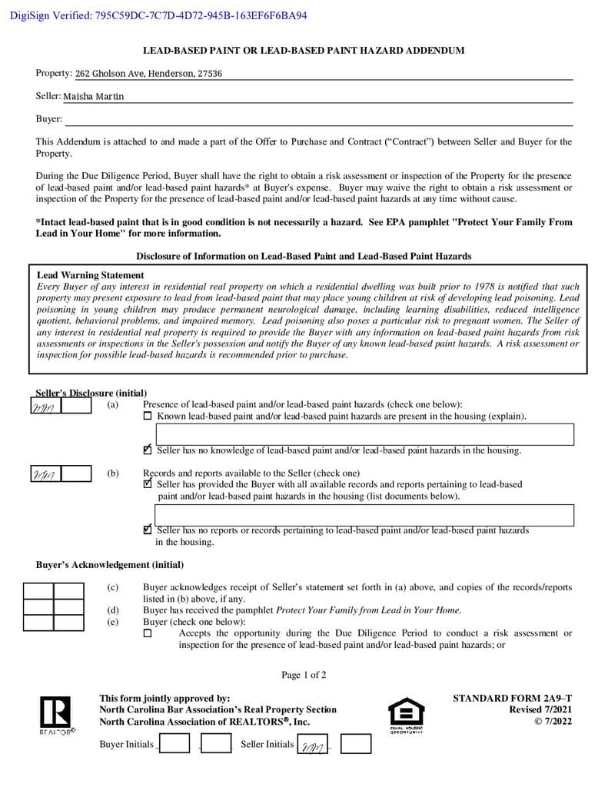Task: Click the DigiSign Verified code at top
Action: point(158,15)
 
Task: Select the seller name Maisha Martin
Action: point(93,97)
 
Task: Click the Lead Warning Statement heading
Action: point(90,275)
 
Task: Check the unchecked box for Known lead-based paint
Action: point(148,417)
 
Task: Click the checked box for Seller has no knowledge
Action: point(148,450)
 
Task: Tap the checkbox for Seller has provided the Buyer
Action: point(148,484)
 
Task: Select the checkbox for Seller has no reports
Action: point(148,530)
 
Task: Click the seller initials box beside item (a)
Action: point(45,406)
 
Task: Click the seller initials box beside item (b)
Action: point(45,473)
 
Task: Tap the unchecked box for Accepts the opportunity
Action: point(148,634)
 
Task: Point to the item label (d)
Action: point(113,610)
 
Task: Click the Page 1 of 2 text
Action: point(304,676)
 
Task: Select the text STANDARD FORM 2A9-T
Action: point(512,699)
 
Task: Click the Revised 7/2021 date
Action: point(540,710)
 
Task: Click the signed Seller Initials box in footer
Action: point(313,745)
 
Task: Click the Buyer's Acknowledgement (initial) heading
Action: point(110,565)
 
